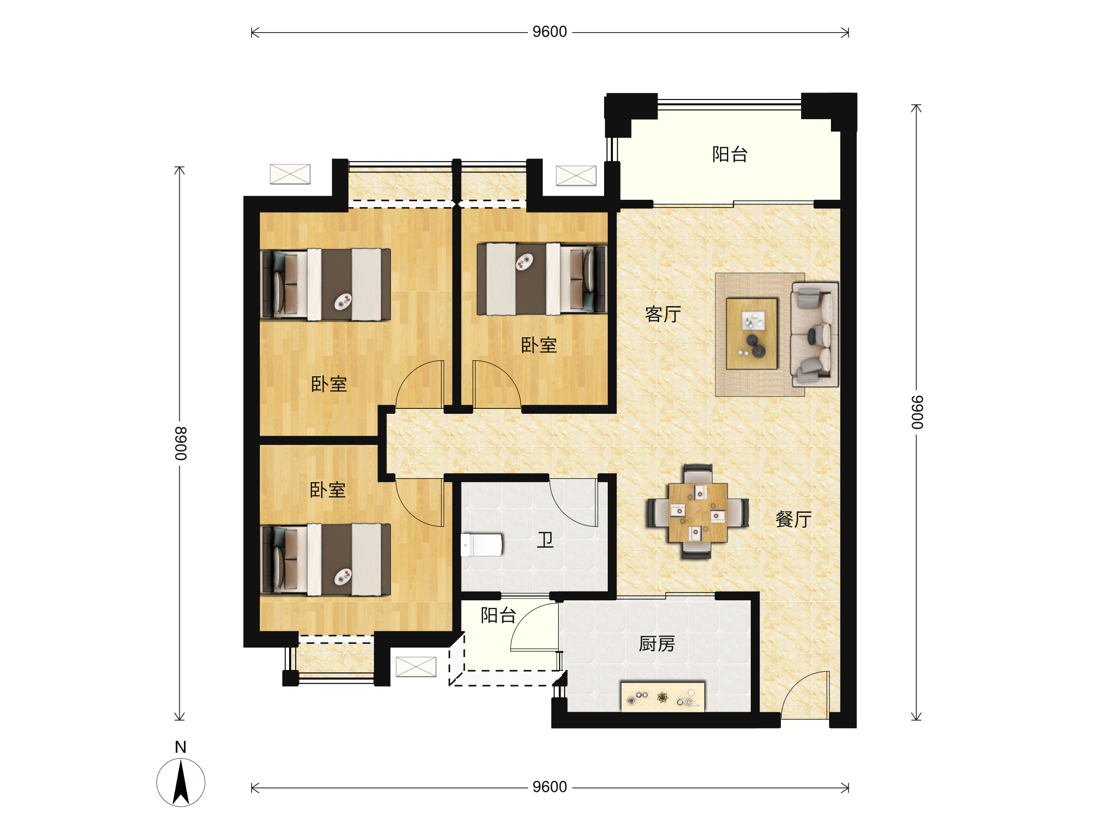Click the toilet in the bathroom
tap(481, 545)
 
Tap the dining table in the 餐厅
tap(698, 512)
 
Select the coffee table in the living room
tap(751, 334)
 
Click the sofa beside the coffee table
tap(814, 334)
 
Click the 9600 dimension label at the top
tap(550, 32)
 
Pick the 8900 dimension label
tap(181, 443)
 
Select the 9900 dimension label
tap(917, 412)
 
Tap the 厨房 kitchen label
tap(657, 644)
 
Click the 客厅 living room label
tap(663, 314)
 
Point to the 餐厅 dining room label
tap(794, 519)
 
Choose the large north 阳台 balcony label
tap(730, 154)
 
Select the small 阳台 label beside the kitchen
tap(498, 615)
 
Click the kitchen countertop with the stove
tap(663, 697)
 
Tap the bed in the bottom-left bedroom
tap(325, 560)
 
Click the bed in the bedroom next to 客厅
tap(542, 279)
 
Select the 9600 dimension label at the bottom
tap(550, 787)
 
